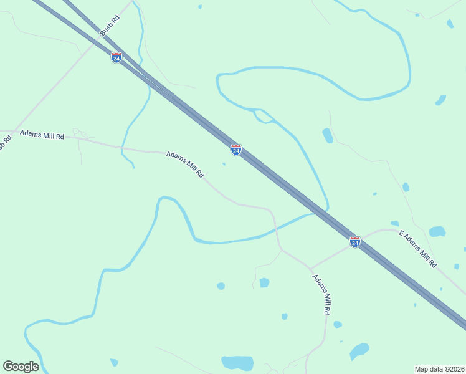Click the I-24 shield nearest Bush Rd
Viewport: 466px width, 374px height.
coord(117,57)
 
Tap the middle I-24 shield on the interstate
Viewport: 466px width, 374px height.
coord(235,150)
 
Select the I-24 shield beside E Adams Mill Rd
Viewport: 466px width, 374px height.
coord(354,242)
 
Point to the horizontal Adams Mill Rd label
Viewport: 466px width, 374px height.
coord(42,135)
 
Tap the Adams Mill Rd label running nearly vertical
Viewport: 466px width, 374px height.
coord(321,294)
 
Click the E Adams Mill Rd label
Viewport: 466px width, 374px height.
coord(417,249)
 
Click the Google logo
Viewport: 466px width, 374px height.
coord(21,367)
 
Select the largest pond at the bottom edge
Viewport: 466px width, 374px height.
coord(237,363)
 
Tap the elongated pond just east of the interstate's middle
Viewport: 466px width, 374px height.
coord(328,135)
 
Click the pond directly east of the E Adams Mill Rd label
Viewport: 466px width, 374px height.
coord(437,232)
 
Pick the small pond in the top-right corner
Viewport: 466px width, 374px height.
coord(450,24)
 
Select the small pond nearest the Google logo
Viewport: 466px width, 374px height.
coord(114,362)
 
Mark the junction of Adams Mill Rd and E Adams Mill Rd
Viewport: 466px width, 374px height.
coord(310,269)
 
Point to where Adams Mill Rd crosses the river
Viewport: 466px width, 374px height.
coord(275,228)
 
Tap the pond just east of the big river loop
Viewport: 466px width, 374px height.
coord(440,100)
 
